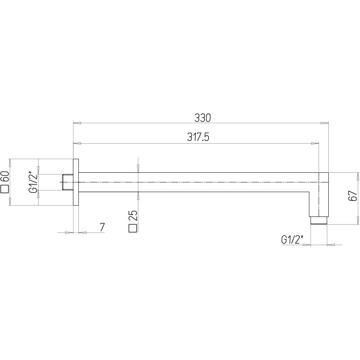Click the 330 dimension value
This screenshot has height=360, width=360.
(x=202, y=117)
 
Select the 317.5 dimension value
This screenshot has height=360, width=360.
(x=198, y=138)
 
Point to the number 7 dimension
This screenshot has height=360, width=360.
(x=102, y=227)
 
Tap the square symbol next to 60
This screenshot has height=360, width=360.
(x=5, y=189)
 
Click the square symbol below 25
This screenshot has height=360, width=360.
(x=133, y=228)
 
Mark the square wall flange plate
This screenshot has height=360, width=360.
(x=76, y=182)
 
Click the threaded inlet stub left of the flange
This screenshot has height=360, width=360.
(x=67, y=182)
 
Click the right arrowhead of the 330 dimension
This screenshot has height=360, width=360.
(x=325, y=123)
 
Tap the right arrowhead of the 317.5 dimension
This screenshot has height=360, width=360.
(x=316, y=144)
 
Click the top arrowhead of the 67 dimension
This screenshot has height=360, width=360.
(x=358, y=176)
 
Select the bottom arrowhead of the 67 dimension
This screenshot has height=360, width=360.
(x=358, y=221)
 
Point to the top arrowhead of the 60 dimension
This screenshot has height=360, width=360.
(x=10, y=163)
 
